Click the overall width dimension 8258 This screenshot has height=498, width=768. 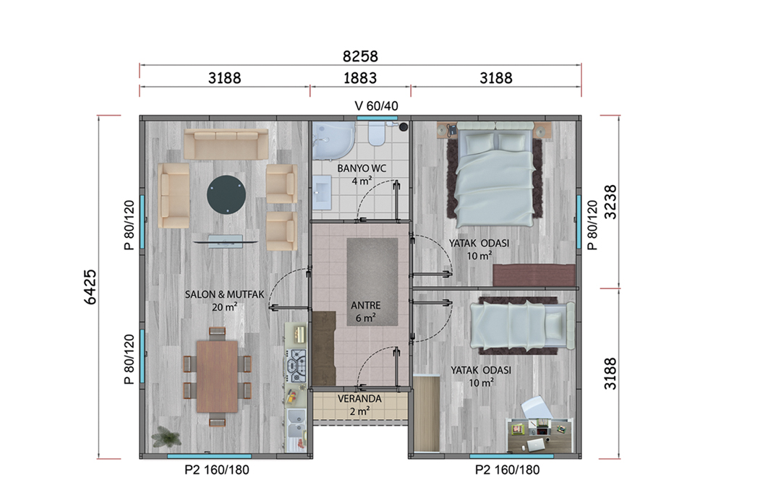click(x=360, y=56)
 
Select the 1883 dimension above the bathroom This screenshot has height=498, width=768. click(x=360, y=78)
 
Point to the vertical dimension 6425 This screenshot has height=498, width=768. click(x=90, y=287)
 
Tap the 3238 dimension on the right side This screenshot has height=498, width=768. click(x=610, y=202)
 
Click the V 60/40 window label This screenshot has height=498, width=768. click(x=376, y=106)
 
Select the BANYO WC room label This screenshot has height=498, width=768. click(x=362, y=168)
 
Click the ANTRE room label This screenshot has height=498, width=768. click(x=365, y=306)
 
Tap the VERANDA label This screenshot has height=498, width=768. click(x=359, y=399)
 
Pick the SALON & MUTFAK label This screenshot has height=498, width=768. click(x=224, y=294)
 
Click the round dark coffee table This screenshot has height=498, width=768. click(x=226, y=195)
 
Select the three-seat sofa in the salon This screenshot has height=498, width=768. click(x=226, y=144)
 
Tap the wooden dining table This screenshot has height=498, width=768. click(x=218, y=377)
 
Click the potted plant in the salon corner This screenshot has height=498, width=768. click(x=166, y=436)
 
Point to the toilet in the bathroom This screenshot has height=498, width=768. click(x=377, y=134)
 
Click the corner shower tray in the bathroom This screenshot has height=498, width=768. click(x=334, y=141)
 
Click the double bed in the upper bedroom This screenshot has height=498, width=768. click(x=494, y=176)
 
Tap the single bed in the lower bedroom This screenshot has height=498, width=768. click(x=522, y=324)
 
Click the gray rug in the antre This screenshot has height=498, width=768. click(x=372, y=282)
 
